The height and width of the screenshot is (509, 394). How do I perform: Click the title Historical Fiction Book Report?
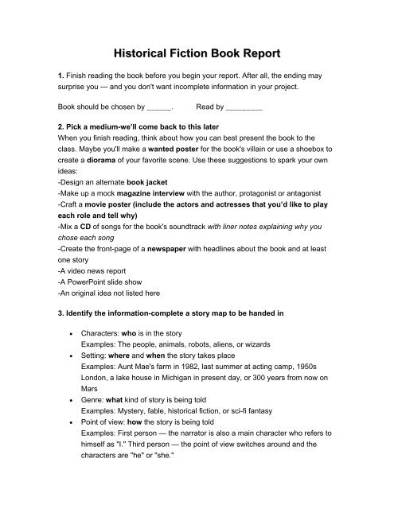(197, 54)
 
